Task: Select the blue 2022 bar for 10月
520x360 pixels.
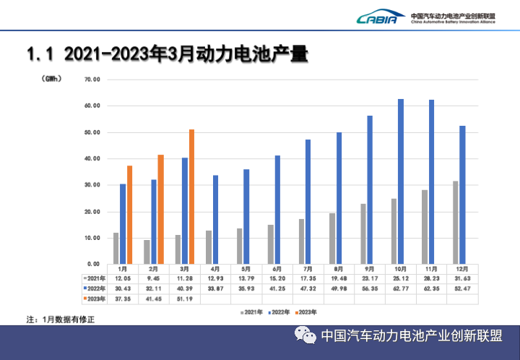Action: pos(401,181)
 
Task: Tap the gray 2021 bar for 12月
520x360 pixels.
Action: pos(455,223)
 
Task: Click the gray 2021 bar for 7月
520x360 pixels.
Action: pos(301,241)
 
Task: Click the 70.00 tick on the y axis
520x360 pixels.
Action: pos(92,80)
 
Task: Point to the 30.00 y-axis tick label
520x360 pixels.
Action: pos(92,185)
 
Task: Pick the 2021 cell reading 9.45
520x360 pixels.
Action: pos(154,278)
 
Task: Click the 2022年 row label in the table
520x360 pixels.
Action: pos(95,288)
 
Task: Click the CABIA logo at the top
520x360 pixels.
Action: pos(376,17)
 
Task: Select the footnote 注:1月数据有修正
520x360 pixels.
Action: pos(61,319)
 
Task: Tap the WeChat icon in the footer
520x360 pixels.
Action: pos(306,337)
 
